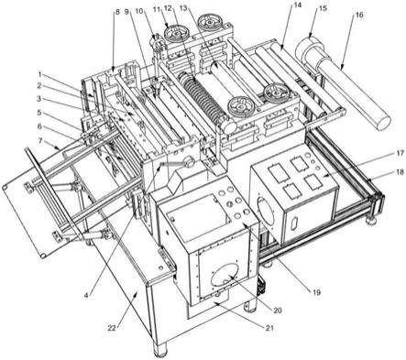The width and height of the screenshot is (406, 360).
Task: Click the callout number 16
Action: point(359,15)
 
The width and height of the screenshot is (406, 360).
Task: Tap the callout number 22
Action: point(112,328)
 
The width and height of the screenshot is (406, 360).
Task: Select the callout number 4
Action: point(86,295)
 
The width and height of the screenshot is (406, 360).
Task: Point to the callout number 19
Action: point(316,292)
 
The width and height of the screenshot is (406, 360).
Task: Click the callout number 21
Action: point(269,328)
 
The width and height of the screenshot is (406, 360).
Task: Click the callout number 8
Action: point(117,12)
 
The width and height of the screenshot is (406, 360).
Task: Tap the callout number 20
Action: point(277,311)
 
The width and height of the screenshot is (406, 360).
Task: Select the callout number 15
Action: point(323,8)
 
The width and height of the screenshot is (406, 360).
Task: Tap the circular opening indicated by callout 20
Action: point(226,272)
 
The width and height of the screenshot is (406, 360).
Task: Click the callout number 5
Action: point(38,113)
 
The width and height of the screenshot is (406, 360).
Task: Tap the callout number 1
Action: point(39,74)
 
